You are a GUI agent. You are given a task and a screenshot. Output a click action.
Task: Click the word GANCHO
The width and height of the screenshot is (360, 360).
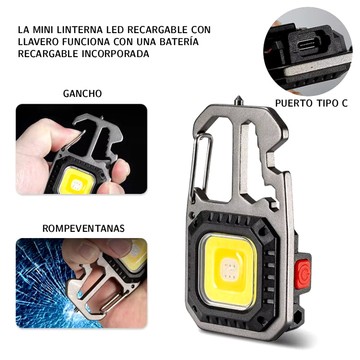click(x=83, y=94)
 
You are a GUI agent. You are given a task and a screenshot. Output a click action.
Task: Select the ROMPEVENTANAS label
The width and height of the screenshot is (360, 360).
click(x=84, y=228)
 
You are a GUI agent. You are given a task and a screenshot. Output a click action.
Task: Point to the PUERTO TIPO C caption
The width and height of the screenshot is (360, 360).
click(x=312, y=103)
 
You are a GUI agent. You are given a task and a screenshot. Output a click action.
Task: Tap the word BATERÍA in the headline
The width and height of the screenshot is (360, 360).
click(x=179, y=42)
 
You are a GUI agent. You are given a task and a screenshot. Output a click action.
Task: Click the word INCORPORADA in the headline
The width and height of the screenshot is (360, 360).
click(x=116, y=54)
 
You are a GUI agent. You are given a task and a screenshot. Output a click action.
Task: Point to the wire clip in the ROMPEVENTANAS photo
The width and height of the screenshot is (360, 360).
click(x=114, y=300)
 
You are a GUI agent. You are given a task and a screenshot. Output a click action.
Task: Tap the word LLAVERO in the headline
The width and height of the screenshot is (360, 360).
click(x=37, y=42)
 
